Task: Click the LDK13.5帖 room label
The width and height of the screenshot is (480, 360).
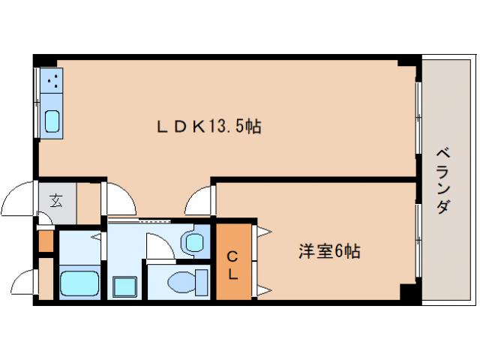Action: click(x=209, y=126)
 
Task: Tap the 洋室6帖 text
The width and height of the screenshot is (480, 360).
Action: click(x=329, y=251)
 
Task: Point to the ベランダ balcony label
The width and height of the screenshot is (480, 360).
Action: click(x=443, y=181)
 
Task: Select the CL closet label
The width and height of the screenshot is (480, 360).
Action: click(x=232, y=265)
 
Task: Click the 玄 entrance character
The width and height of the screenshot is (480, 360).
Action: click(x=57, y=201)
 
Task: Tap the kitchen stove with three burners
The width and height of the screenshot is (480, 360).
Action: click(x=52, y=80)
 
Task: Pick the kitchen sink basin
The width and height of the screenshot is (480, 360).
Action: click(x=52, y=121)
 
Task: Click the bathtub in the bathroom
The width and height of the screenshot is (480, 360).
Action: click(x=79, y=283)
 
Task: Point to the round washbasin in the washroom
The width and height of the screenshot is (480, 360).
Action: click(x=194, y=243)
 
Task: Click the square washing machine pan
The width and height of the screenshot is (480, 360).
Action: click(x=124, y=286)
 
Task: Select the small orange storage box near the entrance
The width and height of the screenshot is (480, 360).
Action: click(x=46, y=241)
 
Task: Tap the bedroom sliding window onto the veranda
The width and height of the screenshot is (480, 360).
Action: click(x=418, y=241)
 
